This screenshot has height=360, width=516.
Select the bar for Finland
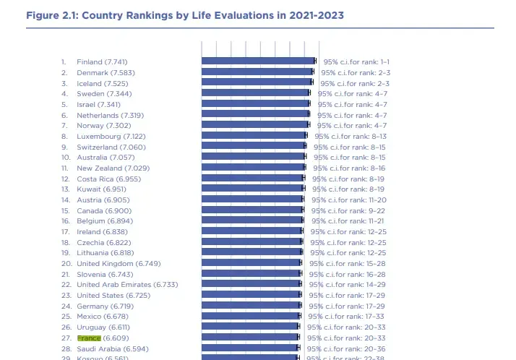point(258,61)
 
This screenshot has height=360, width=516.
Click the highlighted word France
point(89,338)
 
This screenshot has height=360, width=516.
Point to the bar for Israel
point(255,104)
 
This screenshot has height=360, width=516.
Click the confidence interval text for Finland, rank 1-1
point(356,61)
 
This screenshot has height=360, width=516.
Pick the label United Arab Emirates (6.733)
point(127,285)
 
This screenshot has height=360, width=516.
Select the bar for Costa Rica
point(252,179)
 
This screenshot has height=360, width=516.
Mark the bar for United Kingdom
point(251,264)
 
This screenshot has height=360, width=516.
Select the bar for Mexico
point(250,317)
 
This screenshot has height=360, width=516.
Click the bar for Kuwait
point(252,189)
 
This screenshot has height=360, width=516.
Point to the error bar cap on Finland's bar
point(316,61)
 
